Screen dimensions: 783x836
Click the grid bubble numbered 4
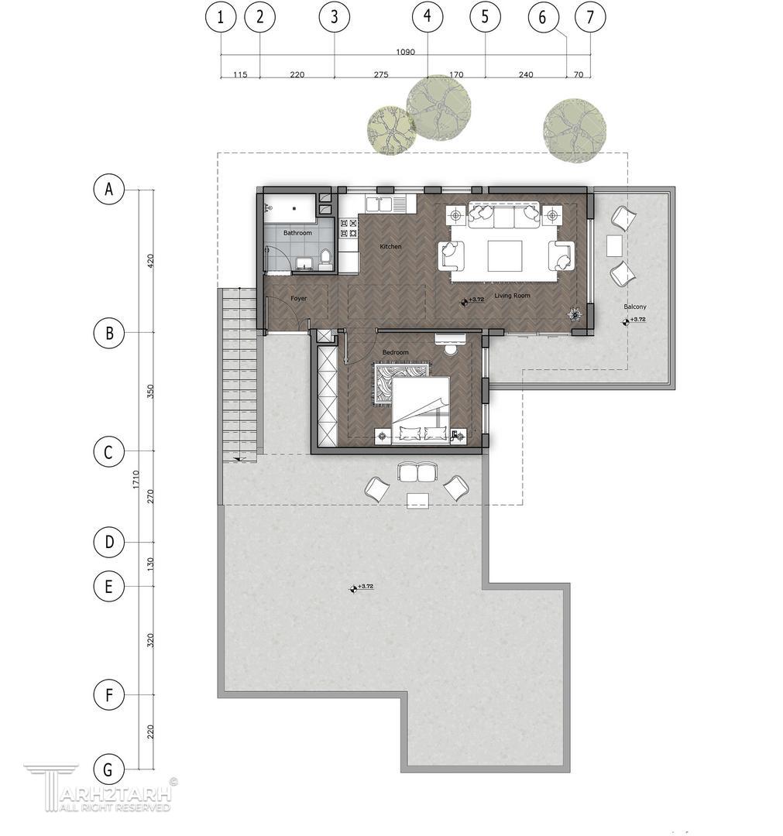tap(428, 16)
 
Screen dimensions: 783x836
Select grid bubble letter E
tap(108, 587)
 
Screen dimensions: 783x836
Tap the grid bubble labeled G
tap(108, 769)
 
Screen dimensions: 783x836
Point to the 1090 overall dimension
tap(405, 52)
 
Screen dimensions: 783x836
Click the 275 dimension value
tap(381, 74)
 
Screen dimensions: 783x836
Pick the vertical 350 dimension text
tap(150, 392)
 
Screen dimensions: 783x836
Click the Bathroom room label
tap(297, 233)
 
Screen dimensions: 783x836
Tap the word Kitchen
tap(390, 246)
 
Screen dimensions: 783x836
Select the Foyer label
tap(299, 298)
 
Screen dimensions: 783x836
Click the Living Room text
tap(512, 296)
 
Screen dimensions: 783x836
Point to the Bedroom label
tap(395, 352)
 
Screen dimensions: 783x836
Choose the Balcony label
tap(635, 307)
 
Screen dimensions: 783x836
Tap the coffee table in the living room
tap(505, 256)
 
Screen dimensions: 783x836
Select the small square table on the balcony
tap(614, 246)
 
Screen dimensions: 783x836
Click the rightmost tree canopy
tap(575, 130)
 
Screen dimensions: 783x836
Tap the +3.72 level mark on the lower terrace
tap(362, 588)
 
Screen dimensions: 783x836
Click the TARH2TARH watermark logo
tap(101, 788)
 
